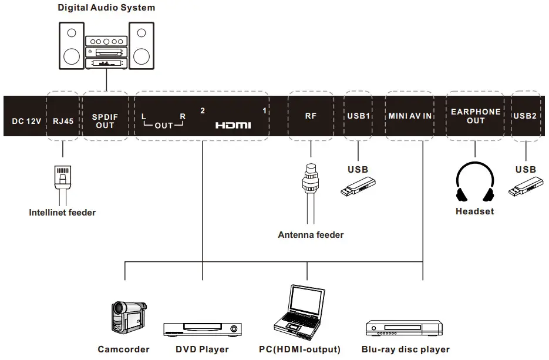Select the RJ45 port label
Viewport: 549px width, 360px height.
[x=62, y=122]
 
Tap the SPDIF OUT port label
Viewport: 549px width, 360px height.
[x=105, y=120]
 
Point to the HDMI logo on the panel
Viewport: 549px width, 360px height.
[x=233, y=125]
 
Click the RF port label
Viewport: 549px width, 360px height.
[x=311, y=116]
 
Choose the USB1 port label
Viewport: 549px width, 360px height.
[x=358, y=116]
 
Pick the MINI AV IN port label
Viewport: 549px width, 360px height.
[x=410, y=116]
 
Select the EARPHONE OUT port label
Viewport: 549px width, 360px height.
[x=476, y=116]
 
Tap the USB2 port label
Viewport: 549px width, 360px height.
[x=525, y=116]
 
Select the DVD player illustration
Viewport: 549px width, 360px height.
[x=203, y=329]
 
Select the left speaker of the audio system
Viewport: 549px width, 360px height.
[x=71, y=45]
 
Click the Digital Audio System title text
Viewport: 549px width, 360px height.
[x=106, y=8]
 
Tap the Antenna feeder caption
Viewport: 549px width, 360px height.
[x=311, y=235]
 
